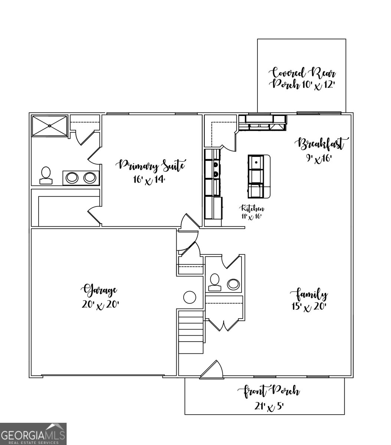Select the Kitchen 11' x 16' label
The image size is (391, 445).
253,212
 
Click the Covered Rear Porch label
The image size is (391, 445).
303,78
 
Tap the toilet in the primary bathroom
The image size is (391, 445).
46,175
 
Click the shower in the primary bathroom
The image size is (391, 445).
49,126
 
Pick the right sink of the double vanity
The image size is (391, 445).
90,178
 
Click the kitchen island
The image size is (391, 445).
259,176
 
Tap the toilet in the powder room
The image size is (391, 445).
214,281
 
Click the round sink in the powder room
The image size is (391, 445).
233,284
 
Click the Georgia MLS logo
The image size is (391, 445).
33,434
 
